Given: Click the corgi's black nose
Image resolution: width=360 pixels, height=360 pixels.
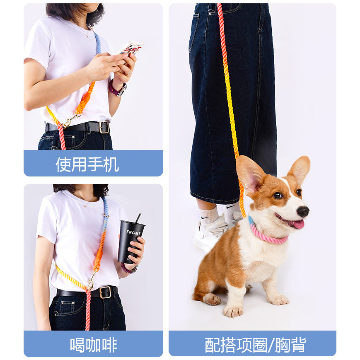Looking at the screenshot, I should (303, 211).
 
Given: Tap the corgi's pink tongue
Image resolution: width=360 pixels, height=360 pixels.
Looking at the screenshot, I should (297, 224).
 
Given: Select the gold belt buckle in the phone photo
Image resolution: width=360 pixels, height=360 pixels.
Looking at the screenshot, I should (104, 127).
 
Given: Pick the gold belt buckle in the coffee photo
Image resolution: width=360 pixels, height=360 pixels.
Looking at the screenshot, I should (105, 292).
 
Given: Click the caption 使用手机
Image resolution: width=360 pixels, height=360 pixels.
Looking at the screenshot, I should (87, 164).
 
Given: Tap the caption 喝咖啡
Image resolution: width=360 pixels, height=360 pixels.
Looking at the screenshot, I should (93, 345).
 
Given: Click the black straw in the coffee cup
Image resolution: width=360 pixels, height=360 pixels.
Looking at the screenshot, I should (138, 218).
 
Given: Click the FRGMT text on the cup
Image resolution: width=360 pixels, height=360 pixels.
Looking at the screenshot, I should (133, 232).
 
